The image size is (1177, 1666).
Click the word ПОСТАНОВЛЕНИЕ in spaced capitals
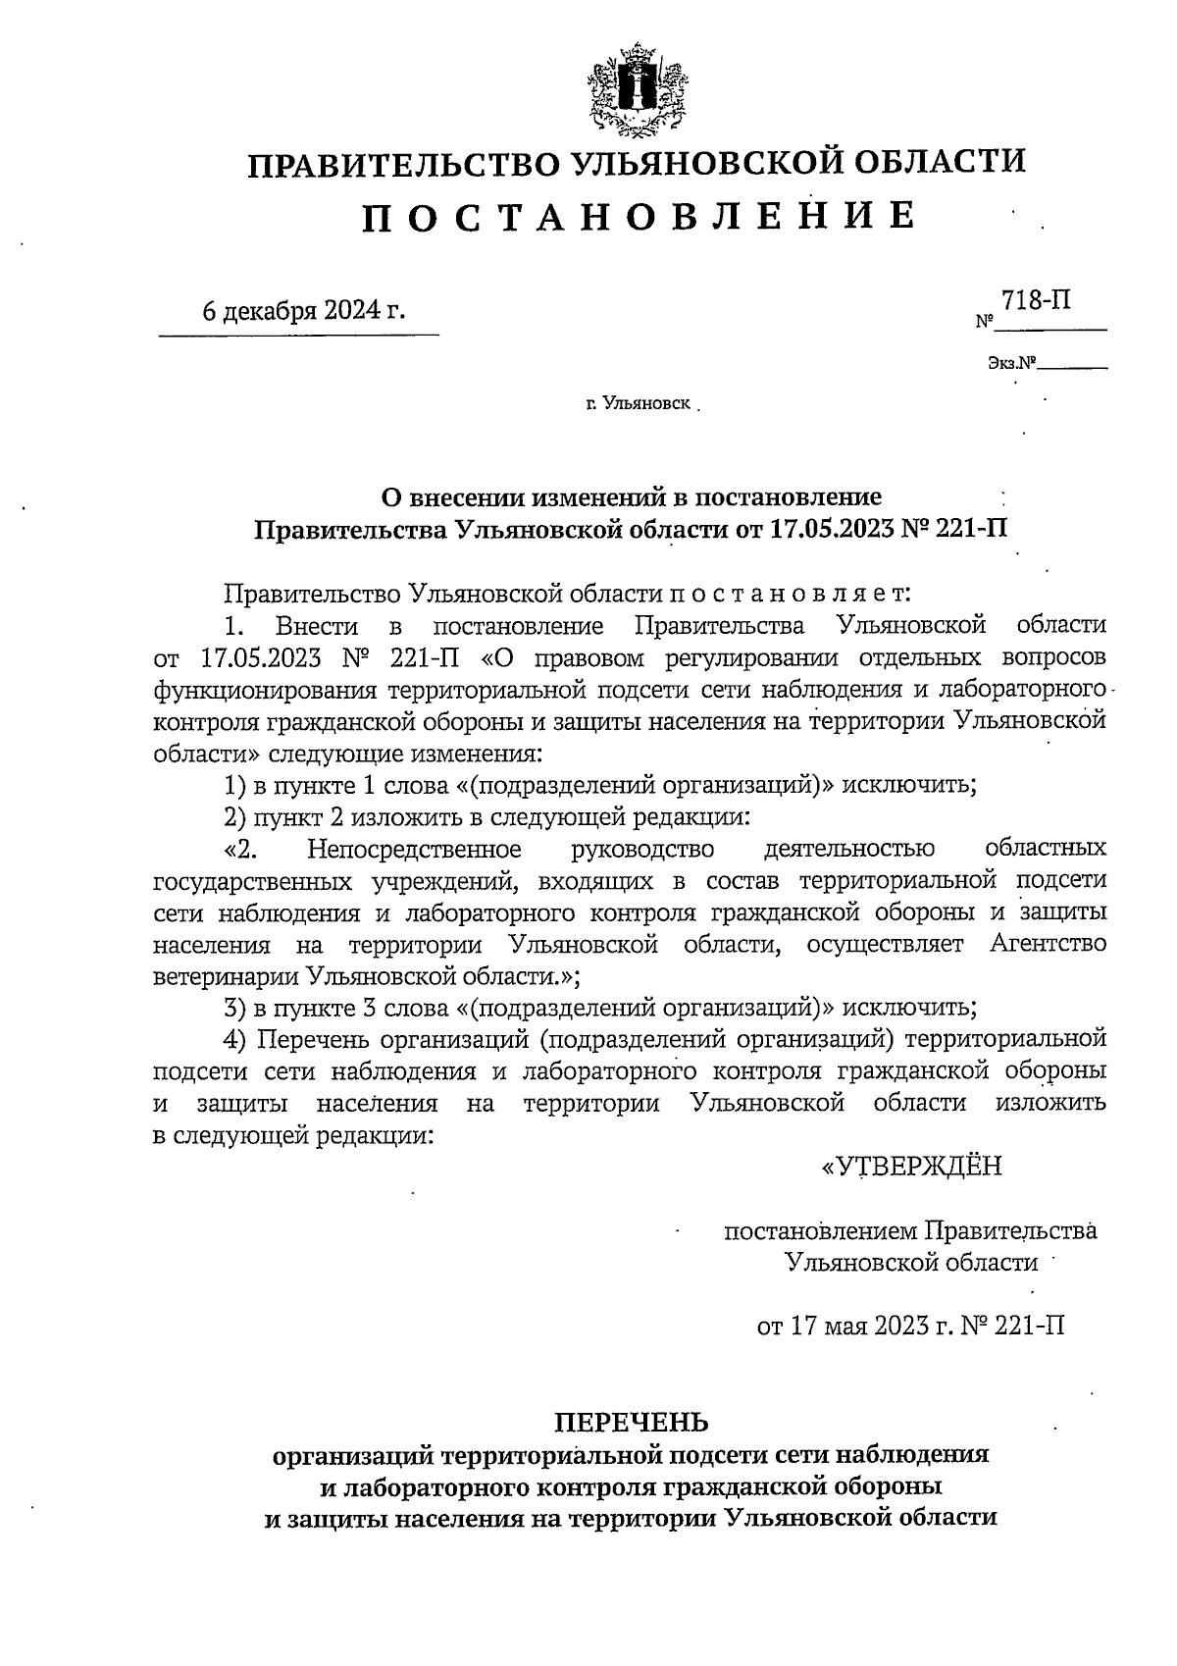click(639, 215)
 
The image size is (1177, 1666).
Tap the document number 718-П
click(1035, 300)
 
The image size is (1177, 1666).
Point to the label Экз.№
click(1011, 364)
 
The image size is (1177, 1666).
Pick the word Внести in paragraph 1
click(317, 625)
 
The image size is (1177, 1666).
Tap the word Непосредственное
click(413, 848)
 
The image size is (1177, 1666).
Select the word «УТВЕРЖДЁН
click(911, 1166)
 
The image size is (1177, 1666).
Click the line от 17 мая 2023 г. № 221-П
click(910, 1326)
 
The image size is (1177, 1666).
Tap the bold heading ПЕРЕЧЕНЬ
click(631, 1422)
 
